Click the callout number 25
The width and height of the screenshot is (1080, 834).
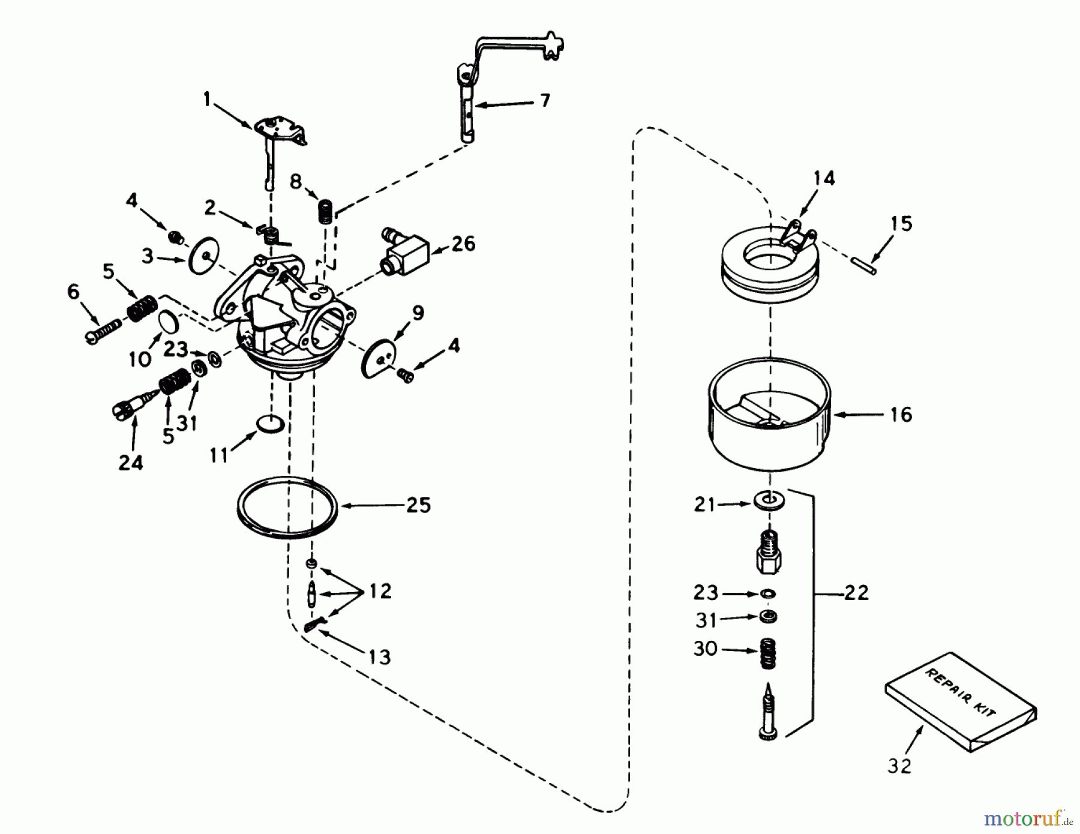pyautogui.click(x=418, y=505)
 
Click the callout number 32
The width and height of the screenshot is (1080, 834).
pyautogui.click(x=899, y=766)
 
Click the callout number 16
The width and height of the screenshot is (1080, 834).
pyautogui.click(x=901, y=414)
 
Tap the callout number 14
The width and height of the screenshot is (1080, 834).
pyautogui.click(x=824, y=178)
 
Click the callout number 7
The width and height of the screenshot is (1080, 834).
pyautogui.click(x=544, y=100)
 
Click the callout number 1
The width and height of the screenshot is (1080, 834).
pyautogui.click(x=208, y=99)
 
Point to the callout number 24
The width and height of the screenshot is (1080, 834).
pyautogui.click(x=131, y=463)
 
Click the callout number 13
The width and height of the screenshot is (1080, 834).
pyautogui.click(x=379, y=658)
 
